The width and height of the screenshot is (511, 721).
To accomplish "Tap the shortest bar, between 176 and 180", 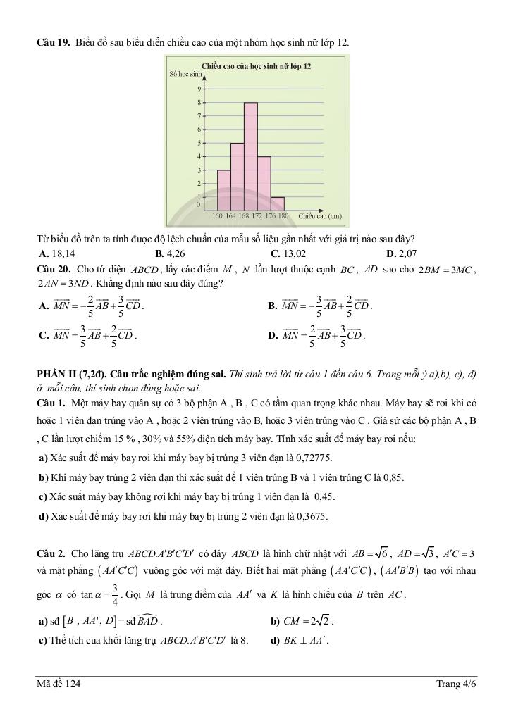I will click(x=278, y=203).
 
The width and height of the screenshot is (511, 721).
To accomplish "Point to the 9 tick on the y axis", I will click(x=199, y=89).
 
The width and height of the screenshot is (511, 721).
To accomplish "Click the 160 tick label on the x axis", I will click(x=217, y=215).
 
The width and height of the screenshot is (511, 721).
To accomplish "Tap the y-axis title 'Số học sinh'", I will click(x=185, y=74).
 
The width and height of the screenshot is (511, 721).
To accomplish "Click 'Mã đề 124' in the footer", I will click(x=63, y=684).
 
